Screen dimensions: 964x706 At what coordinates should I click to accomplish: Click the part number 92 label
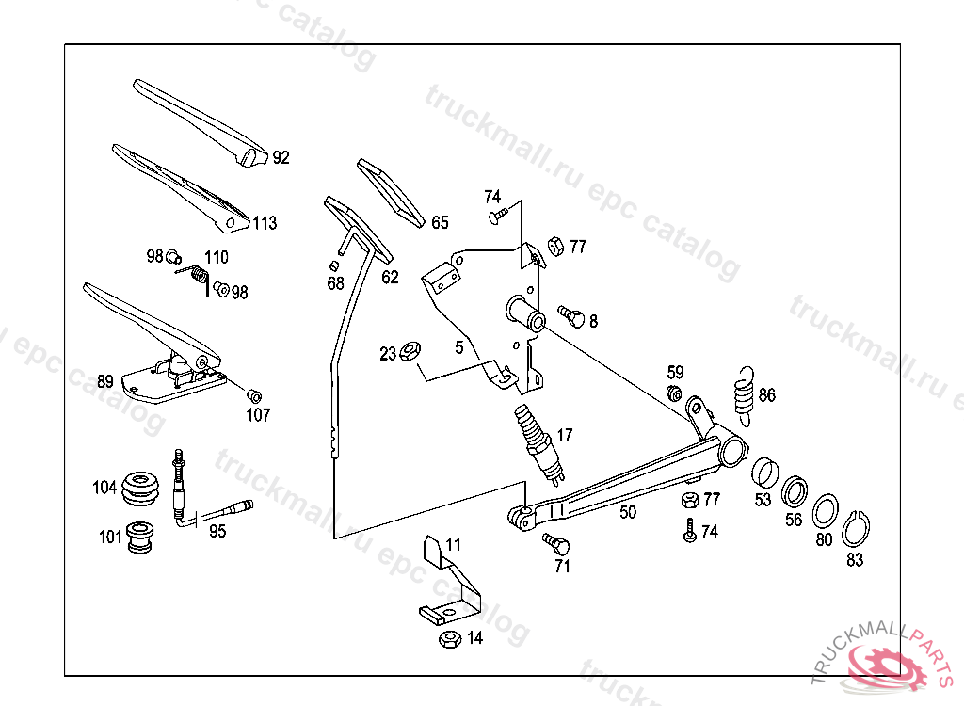coord(281,157)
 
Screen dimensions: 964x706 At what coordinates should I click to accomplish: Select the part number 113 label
coord(265,222)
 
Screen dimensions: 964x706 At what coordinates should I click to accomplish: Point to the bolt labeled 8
coord(571,316)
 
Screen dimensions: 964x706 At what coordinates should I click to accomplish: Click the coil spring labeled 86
coord(744,396)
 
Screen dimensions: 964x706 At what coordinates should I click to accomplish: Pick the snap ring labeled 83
coord(855,528)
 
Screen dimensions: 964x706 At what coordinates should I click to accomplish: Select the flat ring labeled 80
coord(825,510)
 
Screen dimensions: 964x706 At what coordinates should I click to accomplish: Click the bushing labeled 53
coord(765,473)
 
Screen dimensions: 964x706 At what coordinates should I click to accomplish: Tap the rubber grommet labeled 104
coord(140,489)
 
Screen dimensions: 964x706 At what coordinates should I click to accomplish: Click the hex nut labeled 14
coord(450,638)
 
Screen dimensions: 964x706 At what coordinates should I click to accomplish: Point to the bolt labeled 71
coord(556,543)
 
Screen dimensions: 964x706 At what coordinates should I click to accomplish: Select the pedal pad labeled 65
coord(391,193)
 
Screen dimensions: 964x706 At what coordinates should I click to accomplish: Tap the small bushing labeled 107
coord(254,395)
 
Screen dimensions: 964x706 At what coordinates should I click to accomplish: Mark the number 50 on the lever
coord(628,512)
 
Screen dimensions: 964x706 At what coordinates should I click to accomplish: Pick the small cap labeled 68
coord(334,265)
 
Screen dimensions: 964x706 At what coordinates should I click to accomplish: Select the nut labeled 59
coord(674,393)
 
